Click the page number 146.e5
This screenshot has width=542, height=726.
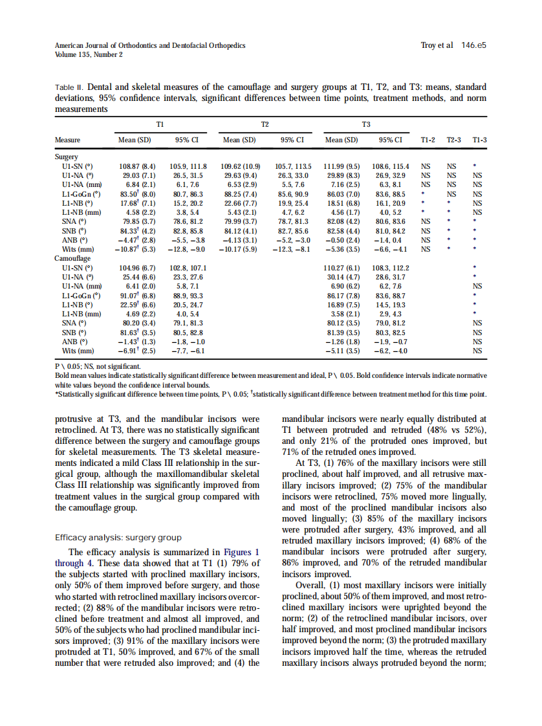coord(473,46)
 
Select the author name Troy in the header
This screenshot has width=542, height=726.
coord(428,46)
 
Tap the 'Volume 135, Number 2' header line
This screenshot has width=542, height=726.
coord(89,55)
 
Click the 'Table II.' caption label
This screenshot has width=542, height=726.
coord(70,87)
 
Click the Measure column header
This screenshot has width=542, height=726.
coord(68,139)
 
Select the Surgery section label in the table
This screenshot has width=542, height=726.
coord(67,157)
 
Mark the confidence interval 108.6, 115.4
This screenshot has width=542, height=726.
coord(391,166)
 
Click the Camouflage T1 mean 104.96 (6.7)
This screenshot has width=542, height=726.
coord(136,267)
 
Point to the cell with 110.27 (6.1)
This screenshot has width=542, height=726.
coord(343,267)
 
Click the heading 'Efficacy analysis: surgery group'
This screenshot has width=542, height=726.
coord(118,537)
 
